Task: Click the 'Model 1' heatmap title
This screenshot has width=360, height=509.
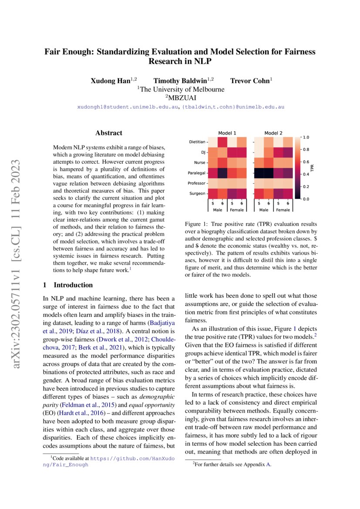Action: pyautogui.click(x=227, y=133)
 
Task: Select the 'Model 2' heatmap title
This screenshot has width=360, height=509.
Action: pyautogui.click(x=273, y=133)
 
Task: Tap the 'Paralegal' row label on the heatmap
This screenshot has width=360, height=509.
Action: pyautogui.click(x=197, y=173)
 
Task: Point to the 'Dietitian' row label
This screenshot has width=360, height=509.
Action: pyautogui.click(x=197, y=142)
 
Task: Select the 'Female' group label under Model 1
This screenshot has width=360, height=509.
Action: pyautogui.click(x=237, y=210)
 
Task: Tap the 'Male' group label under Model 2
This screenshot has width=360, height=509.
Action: pyautogui.click(x=263, y=210)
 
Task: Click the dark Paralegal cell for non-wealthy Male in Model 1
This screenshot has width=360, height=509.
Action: pyautogui.click(x=222, y=173)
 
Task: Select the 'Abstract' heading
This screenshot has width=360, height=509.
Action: pyautogui.click(x=109, y=133)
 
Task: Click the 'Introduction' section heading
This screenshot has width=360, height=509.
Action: pyautogui.click(x=73, y=285)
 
